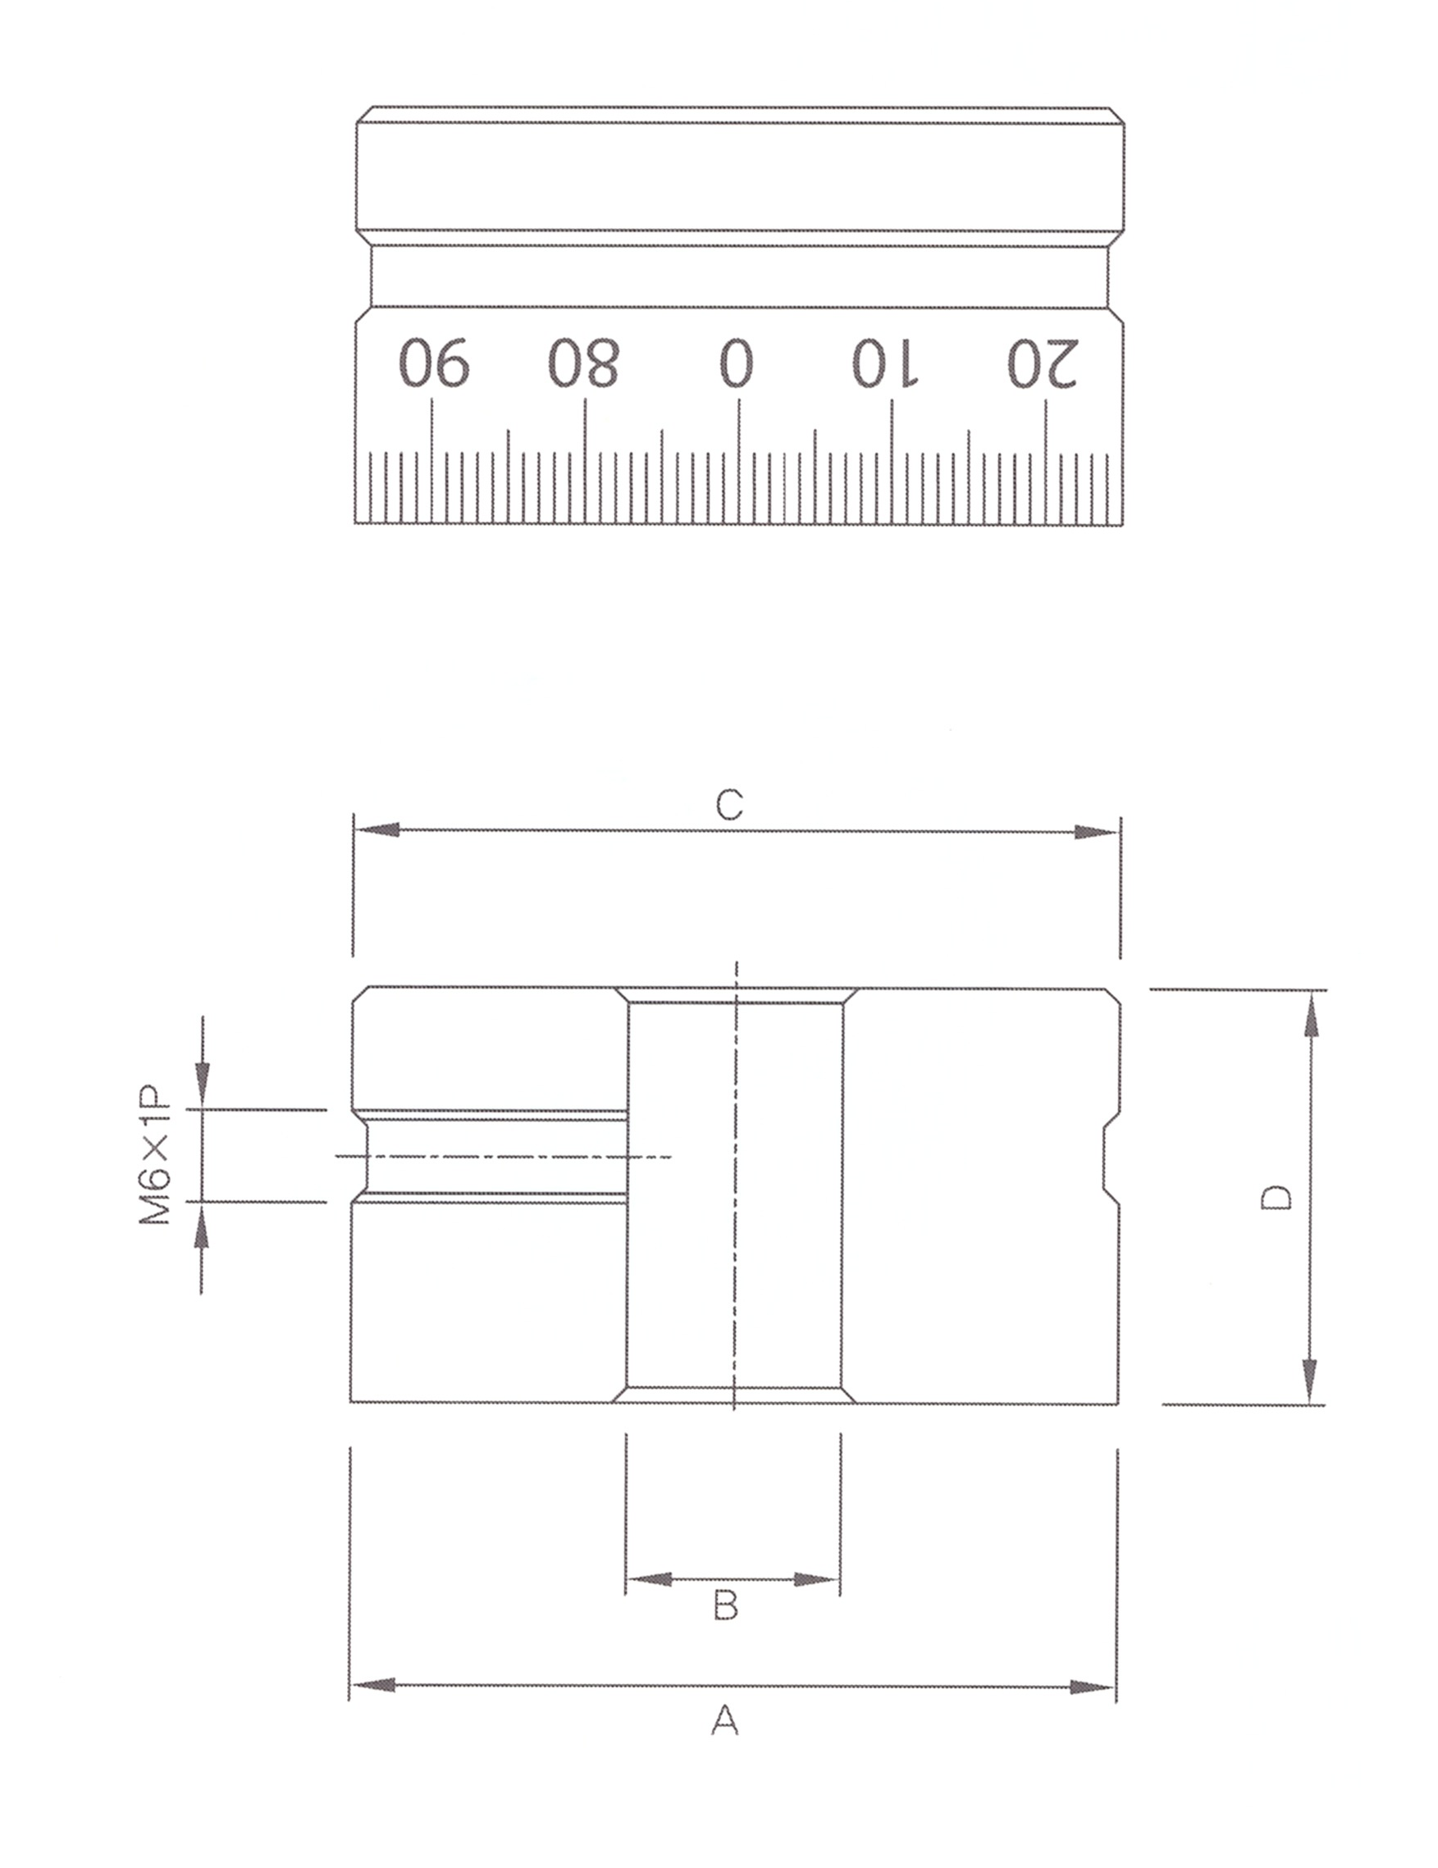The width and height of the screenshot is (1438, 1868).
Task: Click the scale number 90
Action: point(434,362)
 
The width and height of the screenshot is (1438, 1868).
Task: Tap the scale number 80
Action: point(583,362)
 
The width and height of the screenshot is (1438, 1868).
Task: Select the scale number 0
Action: point(737,362)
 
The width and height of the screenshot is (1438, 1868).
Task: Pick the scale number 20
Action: point(1042,362)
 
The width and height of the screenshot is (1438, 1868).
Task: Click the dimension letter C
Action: point(728,804)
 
